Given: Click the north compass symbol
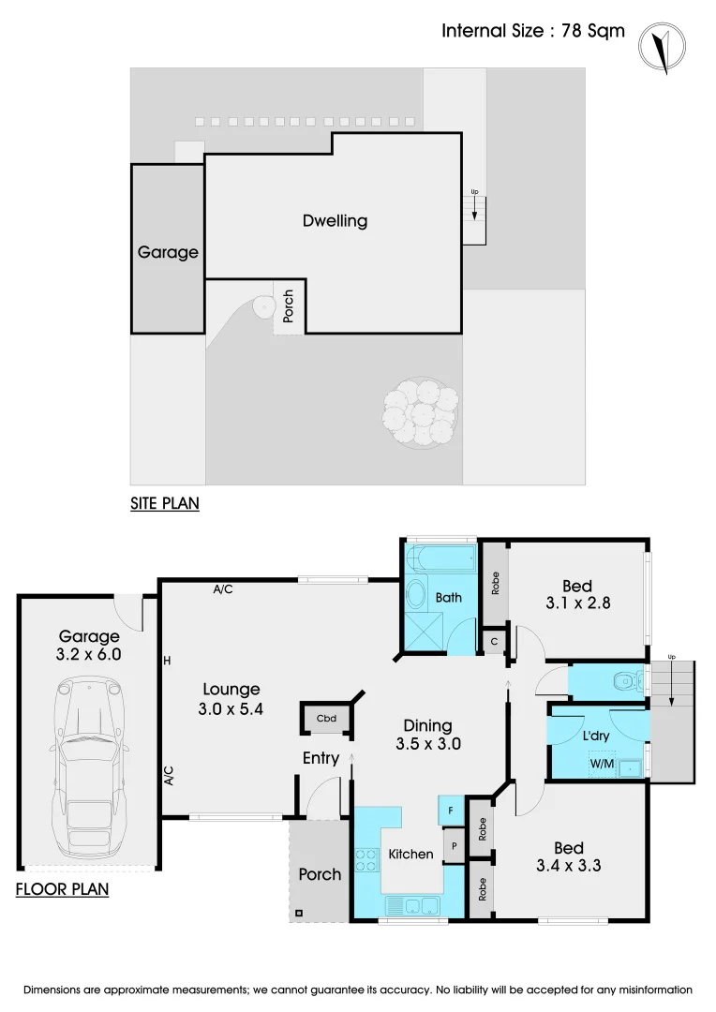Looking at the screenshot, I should [662, 46].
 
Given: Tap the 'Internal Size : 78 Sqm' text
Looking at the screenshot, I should [533, 31].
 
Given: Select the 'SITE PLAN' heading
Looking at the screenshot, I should [164, 503].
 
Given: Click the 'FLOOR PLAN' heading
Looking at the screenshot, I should [62, 888].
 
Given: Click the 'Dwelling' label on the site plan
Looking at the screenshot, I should [335, 221].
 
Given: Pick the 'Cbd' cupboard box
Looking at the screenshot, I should [326, 720].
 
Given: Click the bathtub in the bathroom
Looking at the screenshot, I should [442, 562].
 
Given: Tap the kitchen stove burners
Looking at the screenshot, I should [365, 860].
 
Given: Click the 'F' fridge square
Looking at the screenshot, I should [451, 809].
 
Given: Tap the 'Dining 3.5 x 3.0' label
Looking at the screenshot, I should [427, 735].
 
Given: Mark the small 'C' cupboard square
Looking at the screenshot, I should [494, 642].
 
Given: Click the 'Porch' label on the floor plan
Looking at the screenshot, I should [320, 874].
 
